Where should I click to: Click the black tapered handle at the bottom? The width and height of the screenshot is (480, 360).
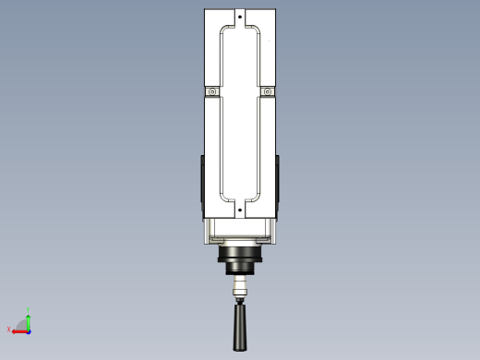tap(241, 328)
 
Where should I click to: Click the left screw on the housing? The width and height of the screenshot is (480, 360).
tap(211, 91)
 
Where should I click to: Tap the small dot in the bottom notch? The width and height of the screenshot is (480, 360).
tap(241, 210)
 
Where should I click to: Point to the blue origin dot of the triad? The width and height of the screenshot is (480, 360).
tap(29, 330)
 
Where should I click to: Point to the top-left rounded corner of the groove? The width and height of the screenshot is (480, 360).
tap(222, 32)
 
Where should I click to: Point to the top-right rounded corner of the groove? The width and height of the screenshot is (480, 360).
tap(259, 32)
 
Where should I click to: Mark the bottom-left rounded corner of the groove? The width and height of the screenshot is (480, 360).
tap(222, 196)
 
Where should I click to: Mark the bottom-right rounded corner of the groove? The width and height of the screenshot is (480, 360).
tap(259, 196)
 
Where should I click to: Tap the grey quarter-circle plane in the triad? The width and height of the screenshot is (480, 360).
tap(25, 326)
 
